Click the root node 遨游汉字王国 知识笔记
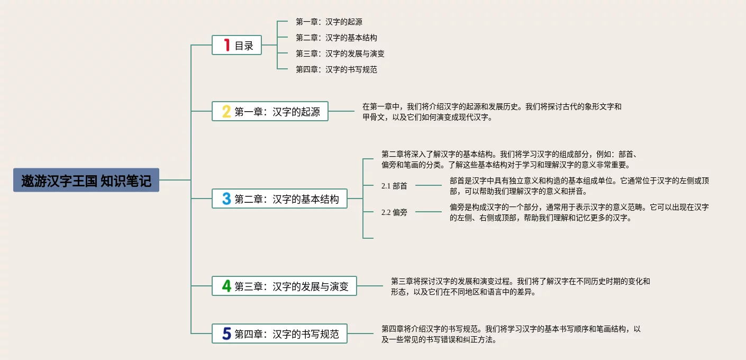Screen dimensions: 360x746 coord(86,181)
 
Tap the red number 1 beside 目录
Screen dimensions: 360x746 coord(226,45)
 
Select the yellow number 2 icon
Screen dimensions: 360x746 coord(226,112)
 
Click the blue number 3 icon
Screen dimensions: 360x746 coord(226,199)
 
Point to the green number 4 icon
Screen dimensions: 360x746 coord(226,286)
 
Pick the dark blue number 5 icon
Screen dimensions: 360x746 coord(226,334)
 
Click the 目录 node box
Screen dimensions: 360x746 coord(237,45)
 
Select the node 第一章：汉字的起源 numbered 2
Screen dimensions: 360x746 coord(270,112)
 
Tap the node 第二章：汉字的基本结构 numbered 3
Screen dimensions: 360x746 coord(279,199)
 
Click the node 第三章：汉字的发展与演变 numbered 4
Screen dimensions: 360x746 coord(284,286)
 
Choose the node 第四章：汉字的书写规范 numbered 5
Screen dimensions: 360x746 coord(279,334)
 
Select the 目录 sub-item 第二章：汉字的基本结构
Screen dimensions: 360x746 coord(336,38)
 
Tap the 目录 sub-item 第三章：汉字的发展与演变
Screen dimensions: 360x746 coord(340,53)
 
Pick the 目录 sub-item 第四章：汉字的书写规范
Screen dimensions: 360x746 coord(336,69)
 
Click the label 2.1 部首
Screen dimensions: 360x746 coord(394,186)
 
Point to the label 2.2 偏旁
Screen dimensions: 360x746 coord(394,212)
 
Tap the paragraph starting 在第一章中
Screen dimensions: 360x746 coord(492,112)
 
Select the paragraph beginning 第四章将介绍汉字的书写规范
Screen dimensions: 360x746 coord(511,334)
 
